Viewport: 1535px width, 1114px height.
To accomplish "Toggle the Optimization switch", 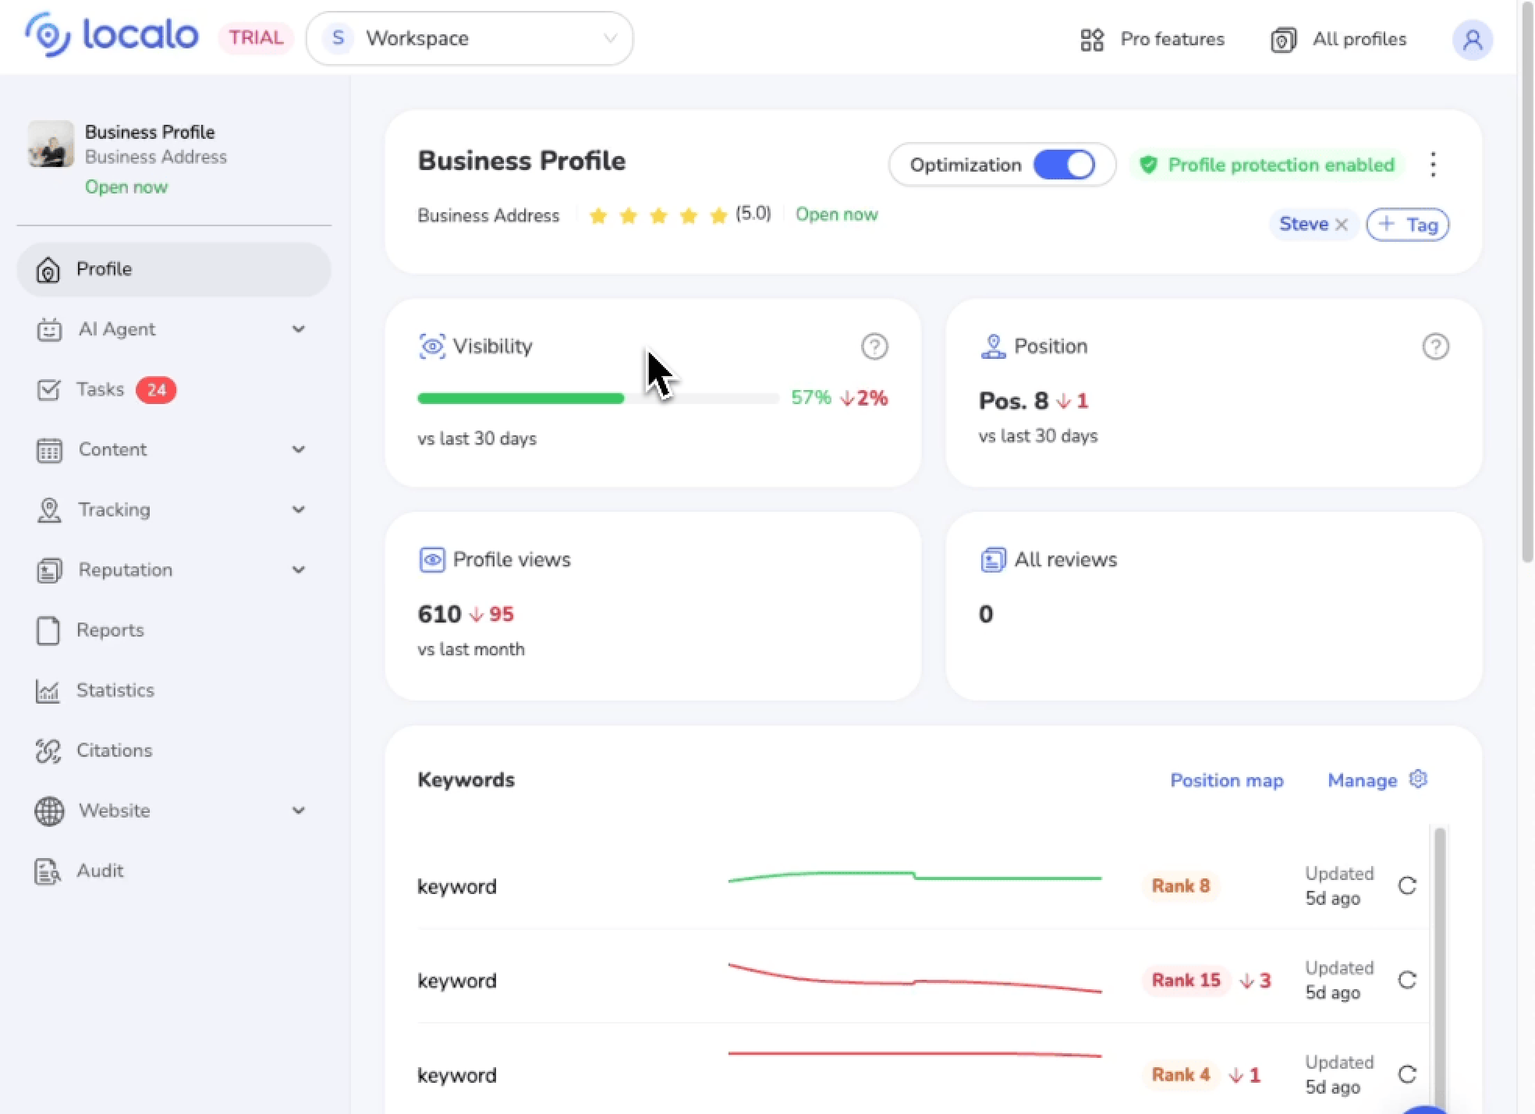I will [1064, 165].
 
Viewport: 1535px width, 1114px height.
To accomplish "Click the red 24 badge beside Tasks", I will [156, 390].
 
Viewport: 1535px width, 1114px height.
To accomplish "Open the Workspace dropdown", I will [470, 38].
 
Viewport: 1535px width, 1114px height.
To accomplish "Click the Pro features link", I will [1152, 39].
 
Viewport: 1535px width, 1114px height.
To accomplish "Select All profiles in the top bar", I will [1338, 39].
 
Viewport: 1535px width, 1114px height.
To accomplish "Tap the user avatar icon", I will [1472, 39].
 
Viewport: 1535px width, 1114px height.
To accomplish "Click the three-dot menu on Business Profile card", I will [1433, 165].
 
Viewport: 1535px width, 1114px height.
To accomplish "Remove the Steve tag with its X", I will [1342, 225].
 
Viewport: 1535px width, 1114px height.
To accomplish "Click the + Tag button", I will [1408, 225].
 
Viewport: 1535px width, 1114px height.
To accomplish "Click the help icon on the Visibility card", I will [874, 346].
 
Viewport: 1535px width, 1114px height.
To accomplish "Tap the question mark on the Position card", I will [1435, 346].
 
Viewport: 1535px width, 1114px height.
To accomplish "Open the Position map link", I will [1226, 780].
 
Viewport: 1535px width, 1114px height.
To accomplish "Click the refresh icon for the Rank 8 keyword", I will [1407, 885].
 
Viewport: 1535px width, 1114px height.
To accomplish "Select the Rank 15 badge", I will [1186, 980].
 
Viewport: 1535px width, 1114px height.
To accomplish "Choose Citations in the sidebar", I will [114, 750].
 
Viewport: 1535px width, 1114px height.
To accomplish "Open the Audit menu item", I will [100, 871].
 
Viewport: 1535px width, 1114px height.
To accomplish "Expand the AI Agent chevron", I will [298, 329].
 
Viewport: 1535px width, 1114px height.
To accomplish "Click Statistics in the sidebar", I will [115, 690].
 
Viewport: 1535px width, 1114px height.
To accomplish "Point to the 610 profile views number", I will [439, 614].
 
